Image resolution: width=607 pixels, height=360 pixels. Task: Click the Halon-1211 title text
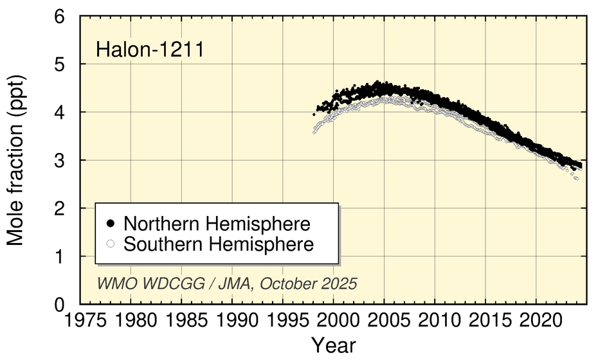tap(150, 50)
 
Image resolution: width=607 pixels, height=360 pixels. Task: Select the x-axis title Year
tap(333, 345)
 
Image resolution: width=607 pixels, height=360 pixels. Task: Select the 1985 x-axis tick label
tap(181, 319)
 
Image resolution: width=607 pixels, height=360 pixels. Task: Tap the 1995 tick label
tap(283, 319)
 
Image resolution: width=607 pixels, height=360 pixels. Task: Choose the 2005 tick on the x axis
tap(384, 319)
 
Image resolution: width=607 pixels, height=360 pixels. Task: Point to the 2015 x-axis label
tap(485, 319)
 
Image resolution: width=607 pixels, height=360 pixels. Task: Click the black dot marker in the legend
tap(111, 224)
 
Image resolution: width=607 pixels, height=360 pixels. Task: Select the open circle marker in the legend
tap(111, 244)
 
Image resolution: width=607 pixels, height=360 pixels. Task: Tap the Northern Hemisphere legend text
tap(217, 224)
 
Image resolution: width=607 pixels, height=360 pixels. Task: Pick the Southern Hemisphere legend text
tap(219, 244)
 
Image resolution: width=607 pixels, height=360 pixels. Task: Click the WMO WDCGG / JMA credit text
tap(226, 283)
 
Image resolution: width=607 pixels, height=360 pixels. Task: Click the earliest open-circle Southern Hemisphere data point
tap(314, 132)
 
